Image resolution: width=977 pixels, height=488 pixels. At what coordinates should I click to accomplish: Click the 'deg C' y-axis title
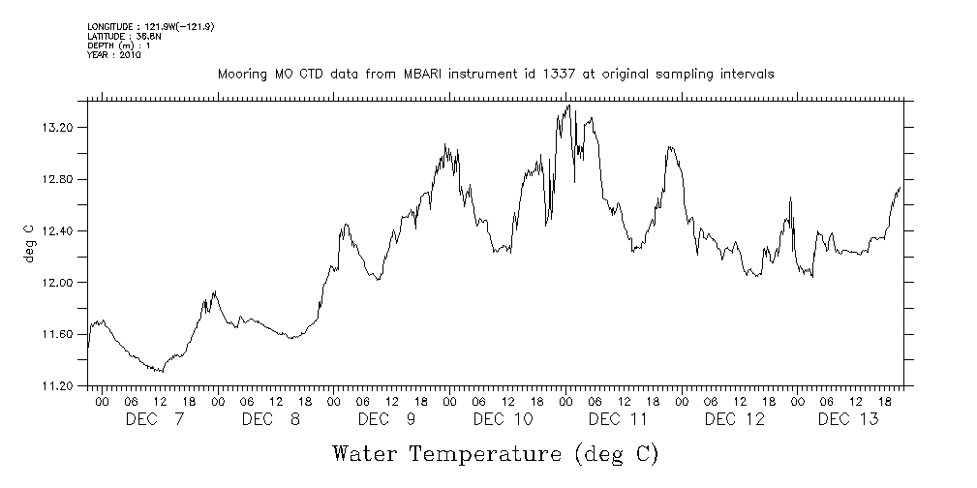point(29,244)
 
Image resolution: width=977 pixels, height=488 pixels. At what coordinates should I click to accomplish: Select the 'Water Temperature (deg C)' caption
point(495,453)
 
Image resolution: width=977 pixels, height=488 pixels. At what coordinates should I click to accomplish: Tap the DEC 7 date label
point(155,419)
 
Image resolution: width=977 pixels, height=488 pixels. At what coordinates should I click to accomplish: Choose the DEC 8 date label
point(271,419)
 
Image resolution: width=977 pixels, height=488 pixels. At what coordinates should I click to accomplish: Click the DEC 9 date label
point(387,419)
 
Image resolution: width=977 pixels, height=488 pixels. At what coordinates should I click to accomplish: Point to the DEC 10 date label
point(504,419)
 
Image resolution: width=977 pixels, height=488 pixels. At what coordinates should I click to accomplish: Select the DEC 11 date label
point(618,419)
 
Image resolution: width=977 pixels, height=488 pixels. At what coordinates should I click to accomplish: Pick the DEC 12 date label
point(734,419)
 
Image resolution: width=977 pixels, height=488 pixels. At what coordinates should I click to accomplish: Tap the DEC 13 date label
point(849,419)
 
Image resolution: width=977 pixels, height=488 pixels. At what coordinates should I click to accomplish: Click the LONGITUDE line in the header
point(150,26)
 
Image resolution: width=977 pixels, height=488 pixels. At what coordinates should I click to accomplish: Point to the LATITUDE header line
point(117,36)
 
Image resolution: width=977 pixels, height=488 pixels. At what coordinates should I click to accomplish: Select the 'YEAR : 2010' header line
point(114,55)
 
